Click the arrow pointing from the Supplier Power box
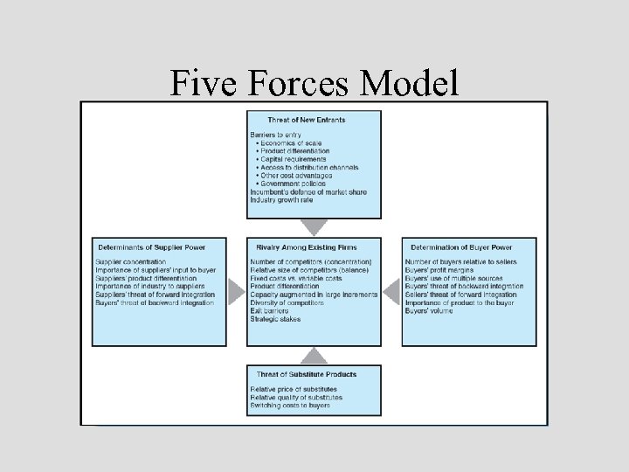[236, 291]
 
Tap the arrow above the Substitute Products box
[314, 355]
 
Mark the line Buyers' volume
[429, 310]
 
